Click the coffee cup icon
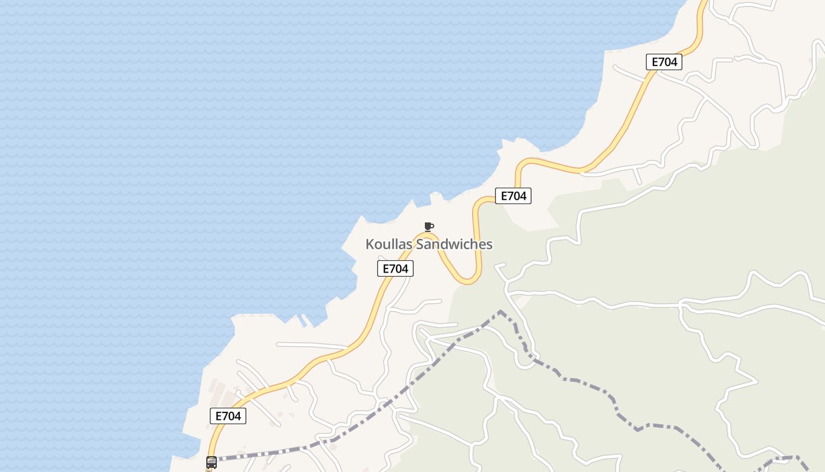click(x=429, y=227)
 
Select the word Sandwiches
click(x=454, y=244)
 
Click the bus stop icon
click(x=212, y=463)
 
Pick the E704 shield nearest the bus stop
click(x=228, y=416)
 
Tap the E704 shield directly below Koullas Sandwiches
click(x=395, y=268)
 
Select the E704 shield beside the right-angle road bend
click(x=513, y=196)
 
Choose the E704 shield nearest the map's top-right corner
click(x=664, y=61)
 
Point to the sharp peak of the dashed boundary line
click(x=500, y=312)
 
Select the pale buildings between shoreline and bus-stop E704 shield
click(x=219, y=389)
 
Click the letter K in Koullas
click(x=369, y=244)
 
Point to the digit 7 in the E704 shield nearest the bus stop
click(x=227, y=416)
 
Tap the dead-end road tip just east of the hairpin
click(x=496, y=267)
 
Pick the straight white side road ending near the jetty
click(x=306, y=345)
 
